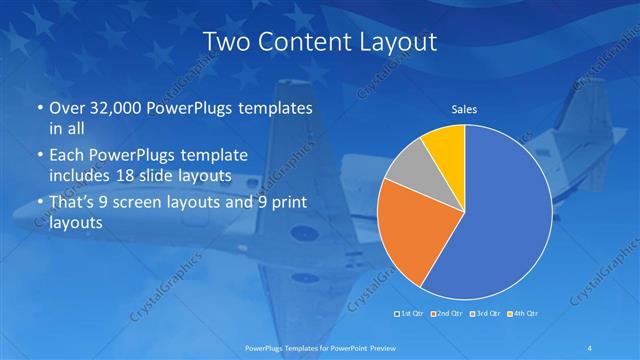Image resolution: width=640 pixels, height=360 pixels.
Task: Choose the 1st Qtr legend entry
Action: click(x=410, y=314)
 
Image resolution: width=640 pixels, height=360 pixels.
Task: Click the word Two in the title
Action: click(x=229, y=42)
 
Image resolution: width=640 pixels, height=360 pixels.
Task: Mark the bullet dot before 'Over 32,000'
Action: click(x=39, y=108)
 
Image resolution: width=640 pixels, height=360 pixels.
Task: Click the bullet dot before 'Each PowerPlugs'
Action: click(x=39, y=155)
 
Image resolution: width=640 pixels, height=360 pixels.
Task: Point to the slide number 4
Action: click(x=592, y=347)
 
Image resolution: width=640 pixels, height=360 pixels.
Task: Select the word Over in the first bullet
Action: click(x=64, y=108)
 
